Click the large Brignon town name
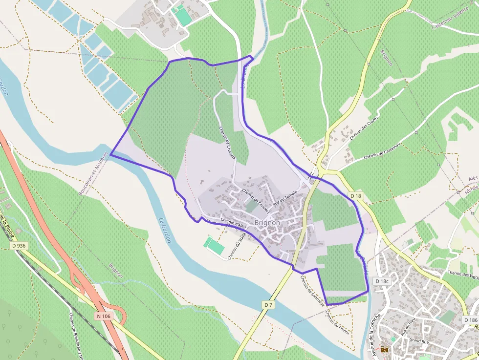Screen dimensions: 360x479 (267, 223)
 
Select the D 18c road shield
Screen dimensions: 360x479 (382, 281)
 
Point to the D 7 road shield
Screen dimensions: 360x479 (268, 305)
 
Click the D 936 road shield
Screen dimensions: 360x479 (18, 246)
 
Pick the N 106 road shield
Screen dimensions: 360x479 (104, 316)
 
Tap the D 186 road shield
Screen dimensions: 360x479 (470, 320)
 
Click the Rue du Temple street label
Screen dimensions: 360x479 (284, 197)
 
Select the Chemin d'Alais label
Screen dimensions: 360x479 (233, 223)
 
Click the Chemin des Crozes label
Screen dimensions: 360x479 (364, 128)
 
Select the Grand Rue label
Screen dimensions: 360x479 (418, 340)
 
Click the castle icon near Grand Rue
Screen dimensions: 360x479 (385, 350)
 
